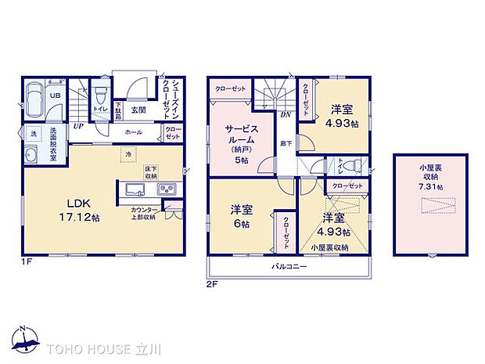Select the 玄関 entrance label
pyautogui.click(x=136, y=110)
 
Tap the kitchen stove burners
pyautogui.click(x=167, y=190)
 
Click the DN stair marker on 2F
pyautogui.click(x=286, y=114)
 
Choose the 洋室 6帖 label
pyautogui.click(x=240, y=216)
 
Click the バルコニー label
pyautogui.click(x=289, y=267)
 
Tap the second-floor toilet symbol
pyautogui.click(x=350, y=165)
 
